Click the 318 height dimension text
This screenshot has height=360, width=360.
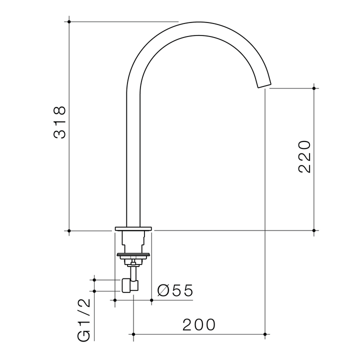pyautogui.click(x=59, y=122)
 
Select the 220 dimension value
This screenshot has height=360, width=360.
pyautogui.click(x=304, y=156)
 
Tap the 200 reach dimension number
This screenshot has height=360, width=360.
pyautogui.click(x=198, y=325)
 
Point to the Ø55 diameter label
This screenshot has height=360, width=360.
pyautogui.click(x=174, y=291)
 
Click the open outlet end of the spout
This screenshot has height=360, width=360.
pyautogui.click(x=264, y=85)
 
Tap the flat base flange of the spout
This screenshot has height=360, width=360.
pyautogui.click(x=133, y=228)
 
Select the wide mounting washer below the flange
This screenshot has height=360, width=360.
pyautogui.click(x=133, y=254)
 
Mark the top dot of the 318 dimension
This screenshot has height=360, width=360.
pyautogui.click(x=69, y=21)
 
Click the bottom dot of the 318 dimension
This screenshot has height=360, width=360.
pyautogui.click(x=69, y=230)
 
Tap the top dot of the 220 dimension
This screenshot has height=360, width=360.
pyautogui.click(x=314, y=88)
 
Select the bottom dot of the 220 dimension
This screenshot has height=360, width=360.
pyautogui.click(x=314, y=230)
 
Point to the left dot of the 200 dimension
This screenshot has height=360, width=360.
pyautogui.click(x=133, y=333)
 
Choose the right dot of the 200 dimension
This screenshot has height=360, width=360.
pyautogui.click(x=265, y=333)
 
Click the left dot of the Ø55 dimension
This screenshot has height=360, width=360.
pyautogui.click(x=115, y=300)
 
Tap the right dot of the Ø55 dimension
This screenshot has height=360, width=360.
pyautogui.click(x=152, y=300)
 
